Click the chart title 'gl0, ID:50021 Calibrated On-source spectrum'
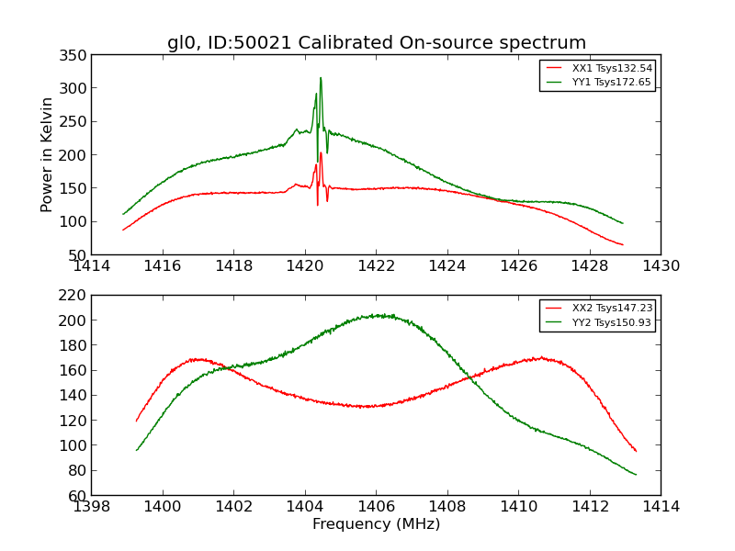point(376,42)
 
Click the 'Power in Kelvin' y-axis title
point(47,154)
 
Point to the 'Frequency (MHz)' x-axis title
point(376,524)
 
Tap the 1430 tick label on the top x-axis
point(661,266)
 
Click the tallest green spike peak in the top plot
point(321,78)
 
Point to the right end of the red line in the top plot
point(623,245)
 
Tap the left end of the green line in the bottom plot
point(137,450)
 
